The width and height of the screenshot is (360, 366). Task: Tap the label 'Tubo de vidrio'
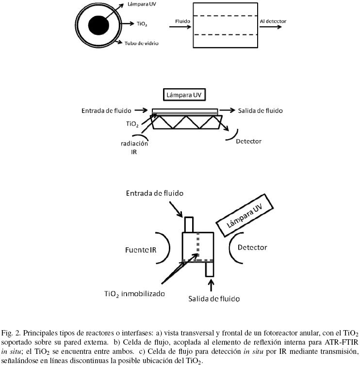142,44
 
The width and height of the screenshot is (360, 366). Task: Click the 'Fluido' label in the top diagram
182,22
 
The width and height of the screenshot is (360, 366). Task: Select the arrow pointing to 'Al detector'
272,27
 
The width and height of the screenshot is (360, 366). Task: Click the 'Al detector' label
273,21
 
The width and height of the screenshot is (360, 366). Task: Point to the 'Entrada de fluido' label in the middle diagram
106,111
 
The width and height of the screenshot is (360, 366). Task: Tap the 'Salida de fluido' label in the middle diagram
260,111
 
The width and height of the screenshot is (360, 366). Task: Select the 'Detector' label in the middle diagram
248,141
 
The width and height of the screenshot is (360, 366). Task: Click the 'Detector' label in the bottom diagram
252,247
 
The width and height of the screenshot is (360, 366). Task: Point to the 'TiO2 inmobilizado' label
134,293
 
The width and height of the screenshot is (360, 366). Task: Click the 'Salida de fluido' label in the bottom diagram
214,298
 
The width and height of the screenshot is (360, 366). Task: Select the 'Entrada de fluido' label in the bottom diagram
155,193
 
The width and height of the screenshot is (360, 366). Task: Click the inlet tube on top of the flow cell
189,224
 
